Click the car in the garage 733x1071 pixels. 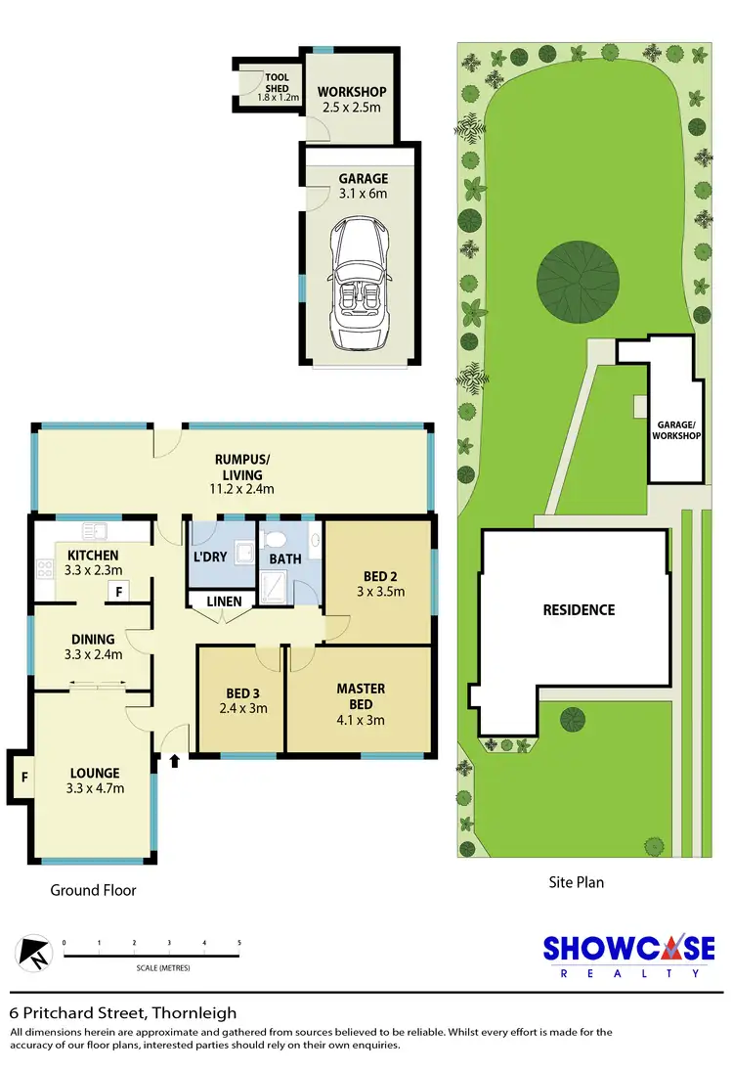(x=358, y=285)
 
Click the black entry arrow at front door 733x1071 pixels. (x=175, y=760)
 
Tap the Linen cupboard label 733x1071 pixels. (x=222, y=602)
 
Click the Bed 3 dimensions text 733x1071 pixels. (x=242, y=709)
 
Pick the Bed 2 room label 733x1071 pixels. (x=379, y=575)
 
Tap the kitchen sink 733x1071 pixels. (x=94, y=532)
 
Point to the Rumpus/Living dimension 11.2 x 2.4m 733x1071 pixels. (x=240, y=489)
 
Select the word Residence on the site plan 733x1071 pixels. (x=579, y=609)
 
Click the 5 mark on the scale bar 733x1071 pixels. (x=239, y=944)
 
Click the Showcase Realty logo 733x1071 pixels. (x=628, y=955)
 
